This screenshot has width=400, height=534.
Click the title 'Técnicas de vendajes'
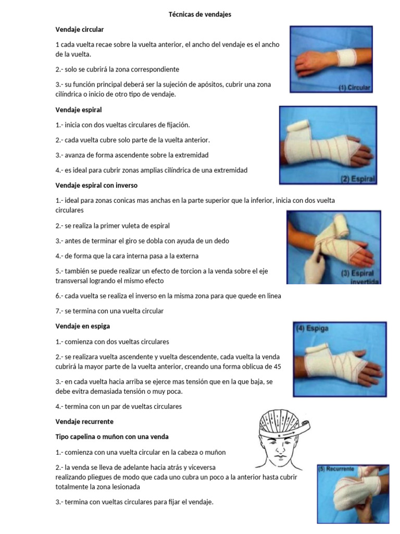point(200,15)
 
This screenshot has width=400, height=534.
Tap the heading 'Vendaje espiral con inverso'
point(96,185)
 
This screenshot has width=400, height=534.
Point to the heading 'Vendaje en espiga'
point(82,326)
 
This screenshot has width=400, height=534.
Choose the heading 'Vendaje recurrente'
point(84,421)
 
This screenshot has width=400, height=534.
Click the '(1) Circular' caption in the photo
point(354,88)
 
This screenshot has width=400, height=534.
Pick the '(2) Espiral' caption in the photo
point(358,179)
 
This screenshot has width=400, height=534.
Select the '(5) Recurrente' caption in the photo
point(336,469)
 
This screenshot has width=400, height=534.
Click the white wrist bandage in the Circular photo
point(347,57)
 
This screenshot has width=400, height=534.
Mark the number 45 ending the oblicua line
point(277,367)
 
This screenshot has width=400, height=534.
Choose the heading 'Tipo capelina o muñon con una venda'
point(112,436)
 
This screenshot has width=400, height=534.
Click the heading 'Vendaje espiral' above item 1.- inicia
point(79,110)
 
